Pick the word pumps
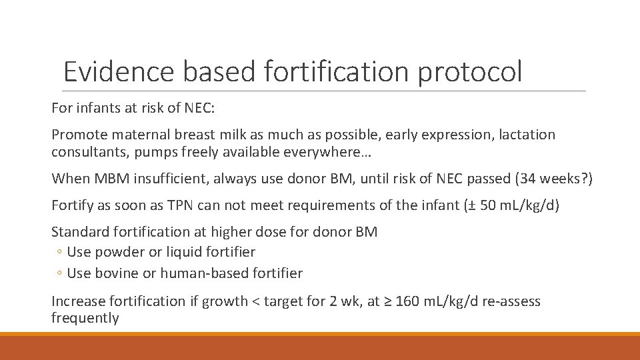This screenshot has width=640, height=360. point(154,152)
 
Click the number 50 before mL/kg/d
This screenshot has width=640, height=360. point(488,205)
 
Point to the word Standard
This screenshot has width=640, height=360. point(78,232)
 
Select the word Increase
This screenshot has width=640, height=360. point(77,301)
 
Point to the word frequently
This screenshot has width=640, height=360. point(85,318)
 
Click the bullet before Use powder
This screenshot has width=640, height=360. point(59,253)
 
